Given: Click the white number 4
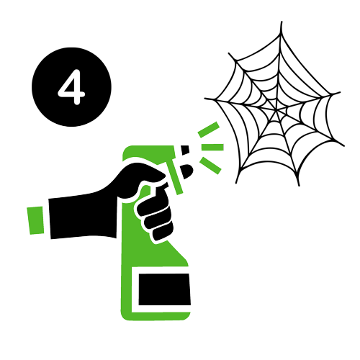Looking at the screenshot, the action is pos(71,87).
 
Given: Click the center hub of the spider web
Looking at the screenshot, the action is pos(276,111).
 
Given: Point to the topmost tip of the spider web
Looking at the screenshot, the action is pos(282,22).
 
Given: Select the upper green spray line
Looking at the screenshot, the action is pos(209,130).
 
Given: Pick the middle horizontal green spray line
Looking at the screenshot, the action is pos(212,147).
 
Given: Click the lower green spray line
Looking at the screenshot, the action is pos(210,166).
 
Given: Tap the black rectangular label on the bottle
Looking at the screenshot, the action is pos(165,289).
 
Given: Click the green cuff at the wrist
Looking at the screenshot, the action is pos(36,220).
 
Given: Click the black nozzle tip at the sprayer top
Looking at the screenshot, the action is pos(185,150).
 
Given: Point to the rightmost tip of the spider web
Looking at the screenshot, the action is pos(344,145).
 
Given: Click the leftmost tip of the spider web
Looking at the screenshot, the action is pos(205,98).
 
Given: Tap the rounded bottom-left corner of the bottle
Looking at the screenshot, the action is pos(125,316).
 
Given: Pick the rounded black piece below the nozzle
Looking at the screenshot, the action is pos(186,171).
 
